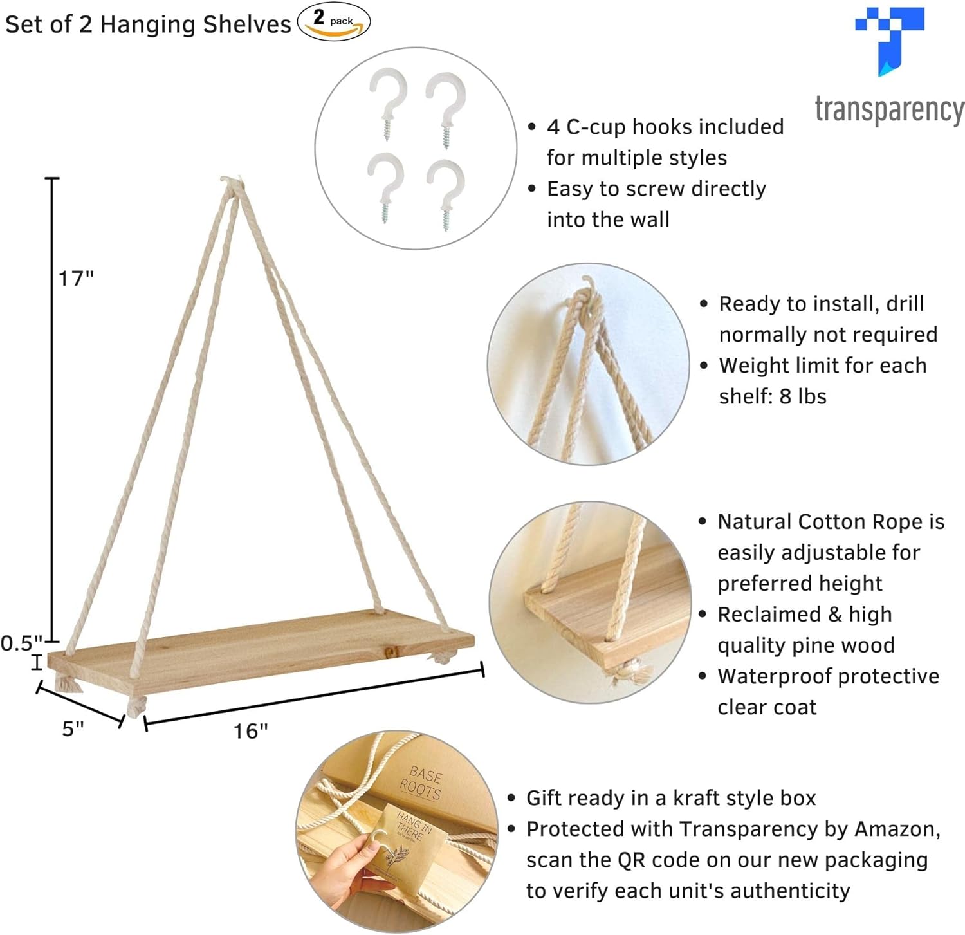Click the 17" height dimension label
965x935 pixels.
tap(77, 278)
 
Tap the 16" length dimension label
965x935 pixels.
tap(251, 731)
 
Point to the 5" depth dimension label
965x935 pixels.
tap(73, 728)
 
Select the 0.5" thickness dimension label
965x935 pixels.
tap(22, 643)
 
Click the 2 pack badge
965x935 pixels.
tap(334, 21)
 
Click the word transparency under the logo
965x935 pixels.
tap(890, 110)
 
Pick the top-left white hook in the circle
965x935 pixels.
tap(388, 100)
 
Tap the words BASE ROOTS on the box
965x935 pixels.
tap(422, 782)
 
